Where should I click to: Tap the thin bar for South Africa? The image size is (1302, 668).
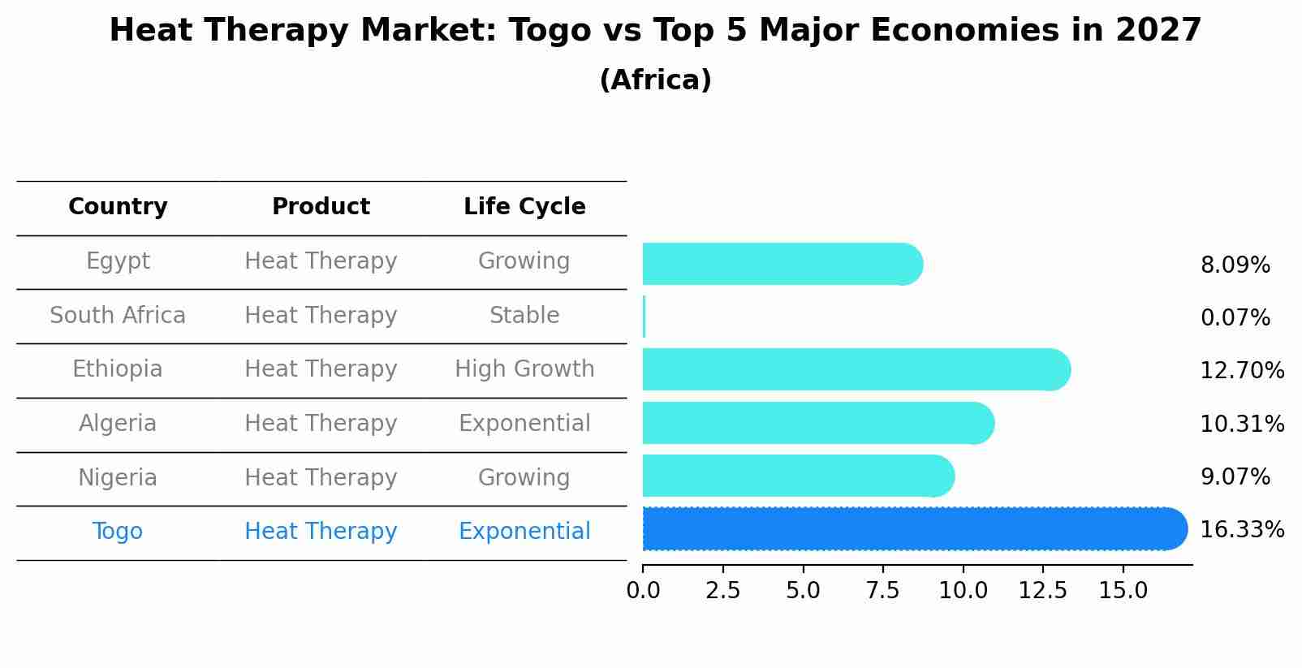coord(644,317)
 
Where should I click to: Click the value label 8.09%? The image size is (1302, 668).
coord(1235,265)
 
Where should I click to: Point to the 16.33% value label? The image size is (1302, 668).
coord(1241,530)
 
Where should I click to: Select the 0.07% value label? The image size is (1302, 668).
coord(1235,318)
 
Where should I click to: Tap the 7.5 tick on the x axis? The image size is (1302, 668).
coord(882,591)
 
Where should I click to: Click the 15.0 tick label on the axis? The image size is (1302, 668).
coord(1123,591)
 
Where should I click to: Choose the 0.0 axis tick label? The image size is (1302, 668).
coord(643,591)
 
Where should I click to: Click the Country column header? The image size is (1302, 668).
coord(118,207)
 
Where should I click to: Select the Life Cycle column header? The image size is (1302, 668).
coord(524,207)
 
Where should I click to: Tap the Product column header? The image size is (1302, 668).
coord(321,207)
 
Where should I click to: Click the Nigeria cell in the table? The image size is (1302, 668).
coord(118,477)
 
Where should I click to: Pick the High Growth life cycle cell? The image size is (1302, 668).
coord(524,369)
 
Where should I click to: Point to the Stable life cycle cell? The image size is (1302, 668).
coord(524,315)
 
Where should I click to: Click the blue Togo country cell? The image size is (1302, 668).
coord(118,532)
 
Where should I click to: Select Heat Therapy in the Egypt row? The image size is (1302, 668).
coord(321,261)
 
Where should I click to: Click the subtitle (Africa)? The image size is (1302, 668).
coord(655,80)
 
